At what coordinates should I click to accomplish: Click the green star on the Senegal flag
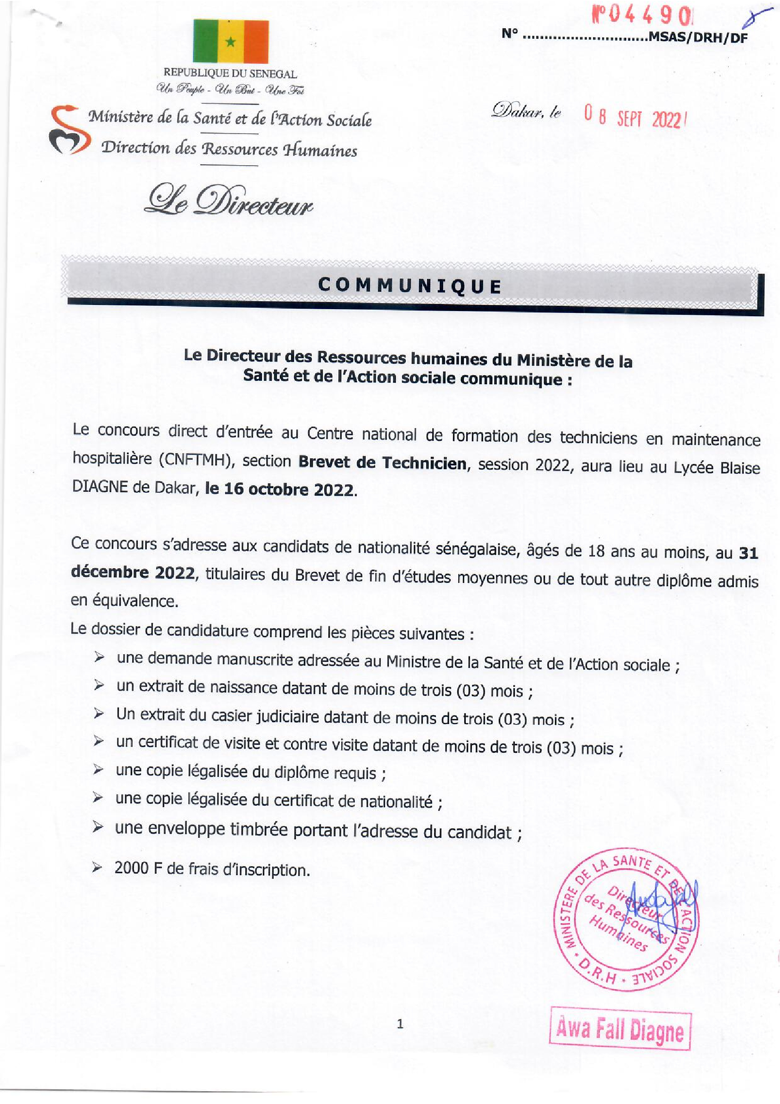coord(230,42)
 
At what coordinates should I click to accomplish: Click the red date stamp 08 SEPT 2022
coord(633,117)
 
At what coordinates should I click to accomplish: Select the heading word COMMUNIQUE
coord(410,286)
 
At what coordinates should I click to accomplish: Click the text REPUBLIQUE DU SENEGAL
coord(230,74)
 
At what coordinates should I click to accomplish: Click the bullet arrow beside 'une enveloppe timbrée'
coord(98,827)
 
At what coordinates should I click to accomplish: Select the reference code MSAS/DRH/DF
coord(698,37)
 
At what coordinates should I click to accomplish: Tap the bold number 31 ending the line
coord(748,554)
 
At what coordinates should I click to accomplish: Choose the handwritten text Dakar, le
coord(526,111)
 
